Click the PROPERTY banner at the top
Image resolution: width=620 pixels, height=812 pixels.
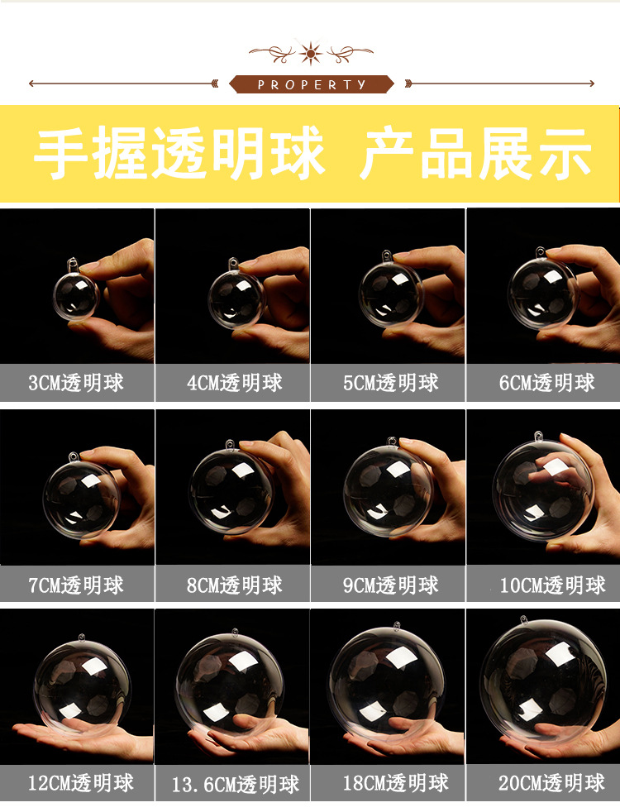tap(312, 84)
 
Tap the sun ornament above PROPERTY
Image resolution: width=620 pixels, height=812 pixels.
tap(311, 53)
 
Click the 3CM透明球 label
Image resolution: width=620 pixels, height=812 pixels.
tap(76, 383)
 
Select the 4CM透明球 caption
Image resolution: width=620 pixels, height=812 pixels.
tap(235, 383)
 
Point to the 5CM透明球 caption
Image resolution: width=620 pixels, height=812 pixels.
tap(391, 383)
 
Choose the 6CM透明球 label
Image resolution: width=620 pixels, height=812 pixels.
tap(547, 383)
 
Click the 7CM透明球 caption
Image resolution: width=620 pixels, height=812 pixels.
tap(76, 585)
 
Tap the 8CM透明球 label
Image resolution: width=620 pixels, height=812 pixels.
tap(235, 585)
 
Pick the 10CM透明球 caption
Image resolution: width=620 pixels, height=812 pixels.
tap(552, 585)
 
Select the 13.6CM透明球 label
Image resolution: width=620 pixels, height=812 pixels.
tap(236, 784)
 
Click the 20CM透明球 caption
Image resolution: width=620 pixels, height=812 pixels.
tap(551, 782)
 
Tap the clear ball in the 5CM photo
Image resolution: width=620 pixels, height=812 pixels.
tap(391, 294)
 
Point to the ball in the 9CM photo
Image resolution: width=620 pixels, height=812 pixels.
tap(389, 491)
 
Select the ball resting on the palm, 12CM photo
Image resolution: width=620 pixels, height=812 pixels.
tap(83, 685)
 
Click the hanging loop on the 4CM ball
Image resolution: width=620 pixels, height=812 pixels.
tap(233, 264)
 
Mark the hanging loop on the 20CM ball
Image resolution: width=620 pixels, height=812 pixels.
tap(524, 620)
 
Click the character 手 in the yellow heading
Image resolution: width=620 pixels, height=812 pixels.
tap(60, 154)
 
